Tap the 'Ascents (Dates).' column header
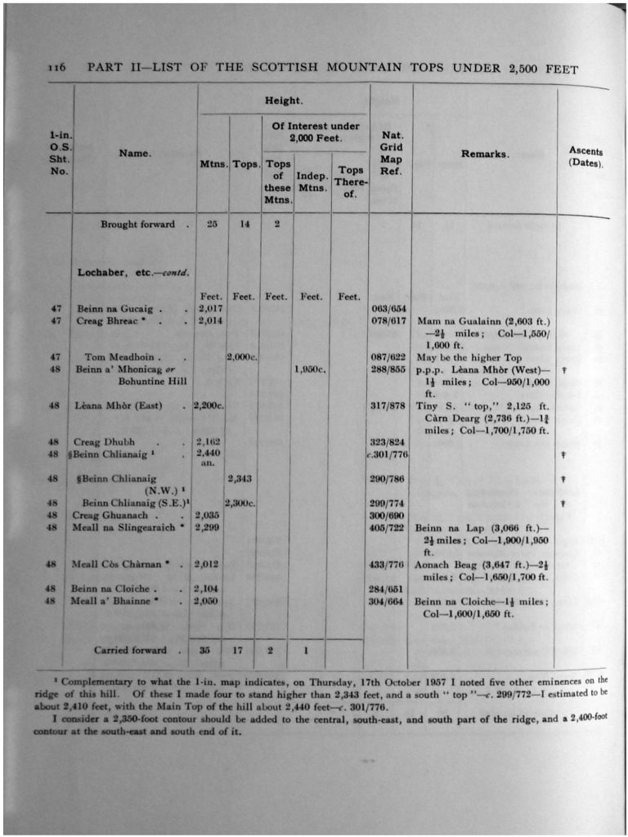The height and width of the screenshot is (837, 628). pos(585,157)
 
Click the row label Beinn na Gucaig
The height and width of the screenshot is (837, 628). pos(115,309)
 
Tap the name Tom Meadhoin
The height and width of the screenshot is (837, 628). pos(122,357)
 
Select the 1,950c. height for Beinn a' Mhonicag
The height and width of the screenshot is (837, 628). pos(311,369)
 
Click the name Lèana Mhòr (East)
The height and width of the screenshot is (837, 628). pos(119,405)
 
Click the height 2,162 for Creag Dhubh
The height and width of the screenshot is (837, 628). pos(210,441)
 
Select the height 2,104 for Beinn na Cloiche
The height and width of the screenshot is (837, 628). pos(210,589)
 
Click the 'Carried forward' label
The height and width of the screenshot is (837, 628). pos(130,651)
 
